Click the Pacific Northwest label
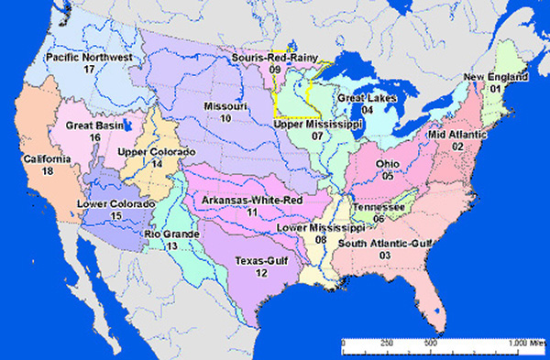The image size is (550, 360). (89, 57)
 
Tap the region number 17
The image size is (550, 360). (89, 69)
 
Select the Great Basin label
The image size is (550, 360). (94, 125)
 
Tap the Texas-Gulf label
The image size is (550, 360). (260, 260)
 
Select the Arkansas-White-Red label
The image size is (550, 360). (252, 200)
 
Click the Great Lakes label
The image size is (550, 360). (367, 97)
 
